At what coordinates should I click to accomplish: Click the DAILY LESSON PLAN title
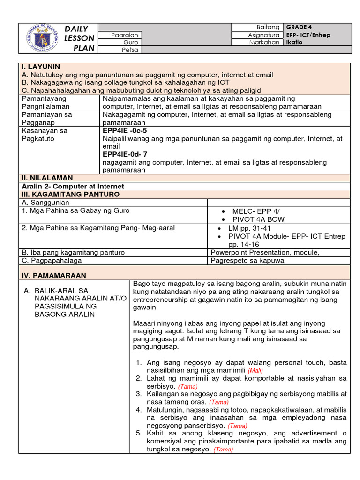pyautogui.click(x=80, y=38)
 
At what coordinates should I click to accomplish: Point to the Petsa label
pyautogui.click(x=130, y=50)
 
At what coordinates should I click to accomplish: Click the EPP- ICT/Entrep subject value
pyautogui.click(x=308, y=35)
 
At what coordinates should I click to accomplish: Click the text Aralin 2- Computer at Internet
pyautogui.click(x=72, y=186)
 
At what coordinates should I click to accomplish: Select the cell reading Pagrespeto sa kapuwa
pyautogui.click(x=247, y=260)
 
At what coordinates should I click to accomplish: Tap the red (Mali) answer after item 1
pyautogui.click(x=258, y=370)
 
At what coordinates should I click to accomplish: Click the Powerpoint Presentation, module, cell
pyautogui.click(x=265, y=252)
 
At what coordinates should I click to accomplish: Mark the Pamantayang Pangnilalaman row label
pyautogui.click(x=44, y=102)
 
